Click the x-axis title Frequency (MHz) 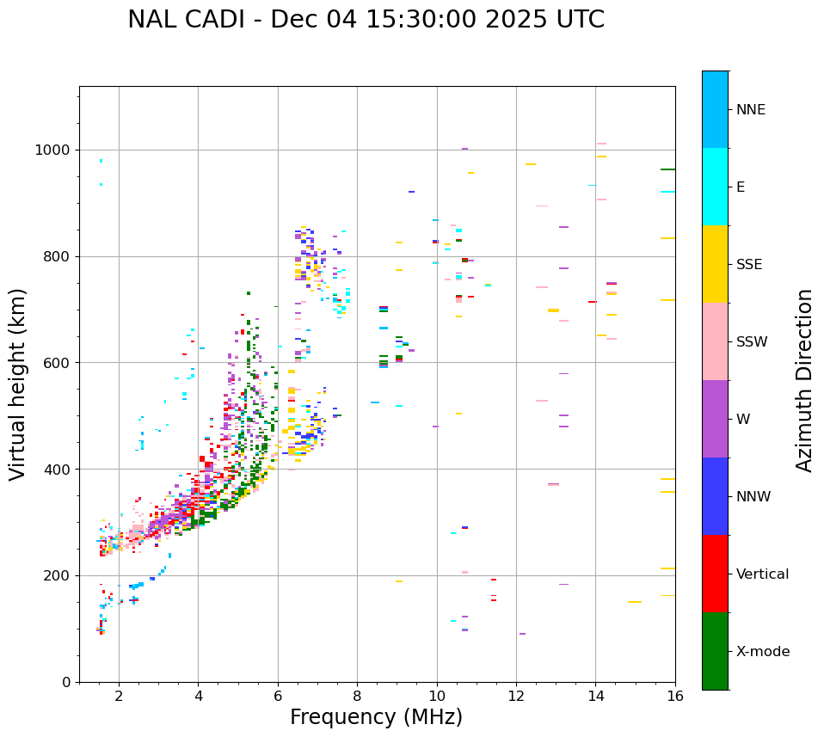pyautogui.click(x=376, y=717)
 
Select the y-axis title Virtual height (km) pyautogui.click(x=18, y=384)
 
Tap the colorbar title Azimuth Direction pyautogui.click(x=804, y=380)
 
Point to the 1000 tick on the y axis pyautogui.click(x=58, y=150)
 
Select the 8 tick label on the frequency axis pyautogui.click(x=357, y=696)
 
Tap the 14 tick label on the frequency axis pyautogui.click(x=595, y=696)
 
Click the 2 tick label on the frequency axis pyautogui.click(x=119, y=696)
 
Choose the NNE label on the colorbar pyautogui.click(x=750, y=110)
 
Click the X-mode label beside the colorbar pyautogui.click(x=763, y=652)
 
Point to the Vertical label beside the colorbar pyautogui.click(x=762, y=574)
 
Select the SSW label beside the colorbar pyautogui.click(x=752, y=342)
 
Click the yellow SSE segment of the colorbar pyautogui.click(x=715, y=264)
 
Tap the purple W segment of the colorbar pyautogui.click(x=715, y=419)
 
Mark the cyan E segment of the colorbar pyautogui.click(x=715, y=187)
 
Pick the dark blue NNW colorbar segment pyautogui.click(x=715, y=496)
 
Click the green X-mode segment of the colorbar pyautogui.click(x=715, y=651)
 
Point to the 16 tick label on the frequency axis pyautogui.click(x=675, y=696)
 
